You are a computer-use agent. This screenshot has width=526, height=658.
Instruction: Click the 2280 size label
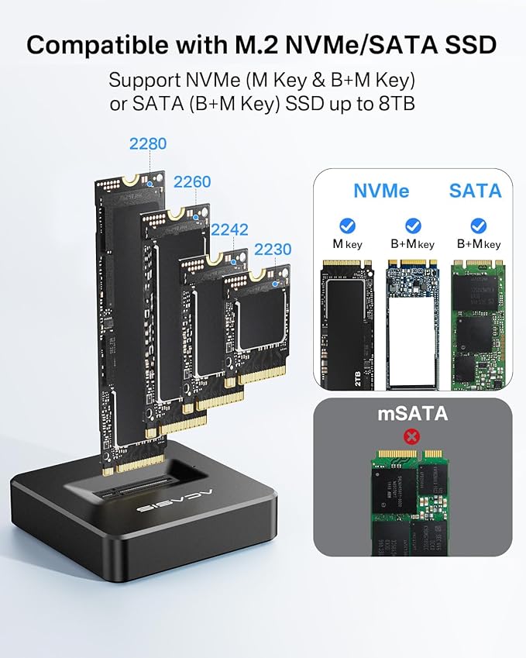click(148, 143)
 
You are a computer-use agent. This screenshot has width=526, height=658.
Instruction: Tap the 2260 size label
click(192, 181)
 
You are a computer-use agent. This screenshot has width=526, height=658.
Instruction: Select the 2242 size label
click(230, 229)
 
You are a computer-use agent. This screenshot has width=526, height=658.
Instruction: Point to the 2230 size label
click(273, 250)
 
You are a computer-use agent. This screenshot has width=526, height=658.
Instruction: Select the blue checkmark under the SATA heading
click(478, 226)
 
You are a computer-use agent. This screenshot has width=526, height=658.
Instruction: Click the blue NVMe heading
click(381, 190)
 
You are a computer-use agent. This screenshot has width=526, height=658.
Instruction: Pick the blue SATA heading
click(475, 190)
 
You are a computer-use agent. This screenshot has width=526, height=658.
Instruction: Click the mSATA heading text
click(413, 413)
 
